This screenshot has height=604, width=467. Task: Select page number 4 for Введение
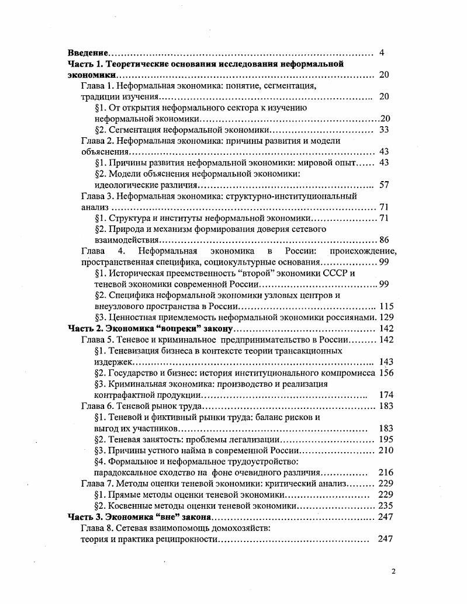382,53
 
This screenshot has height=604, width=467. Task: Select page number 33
384,130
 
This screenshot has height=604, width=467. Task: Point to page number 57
384,185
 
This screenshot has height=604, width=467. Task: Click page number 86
384,240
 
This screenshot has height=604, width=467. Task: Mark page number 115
386,306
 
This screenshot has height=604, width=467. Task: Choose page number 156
386,373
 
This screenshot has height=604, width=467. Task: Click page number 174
386,395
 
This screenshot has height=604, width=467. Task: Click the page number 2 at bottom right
393,571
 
